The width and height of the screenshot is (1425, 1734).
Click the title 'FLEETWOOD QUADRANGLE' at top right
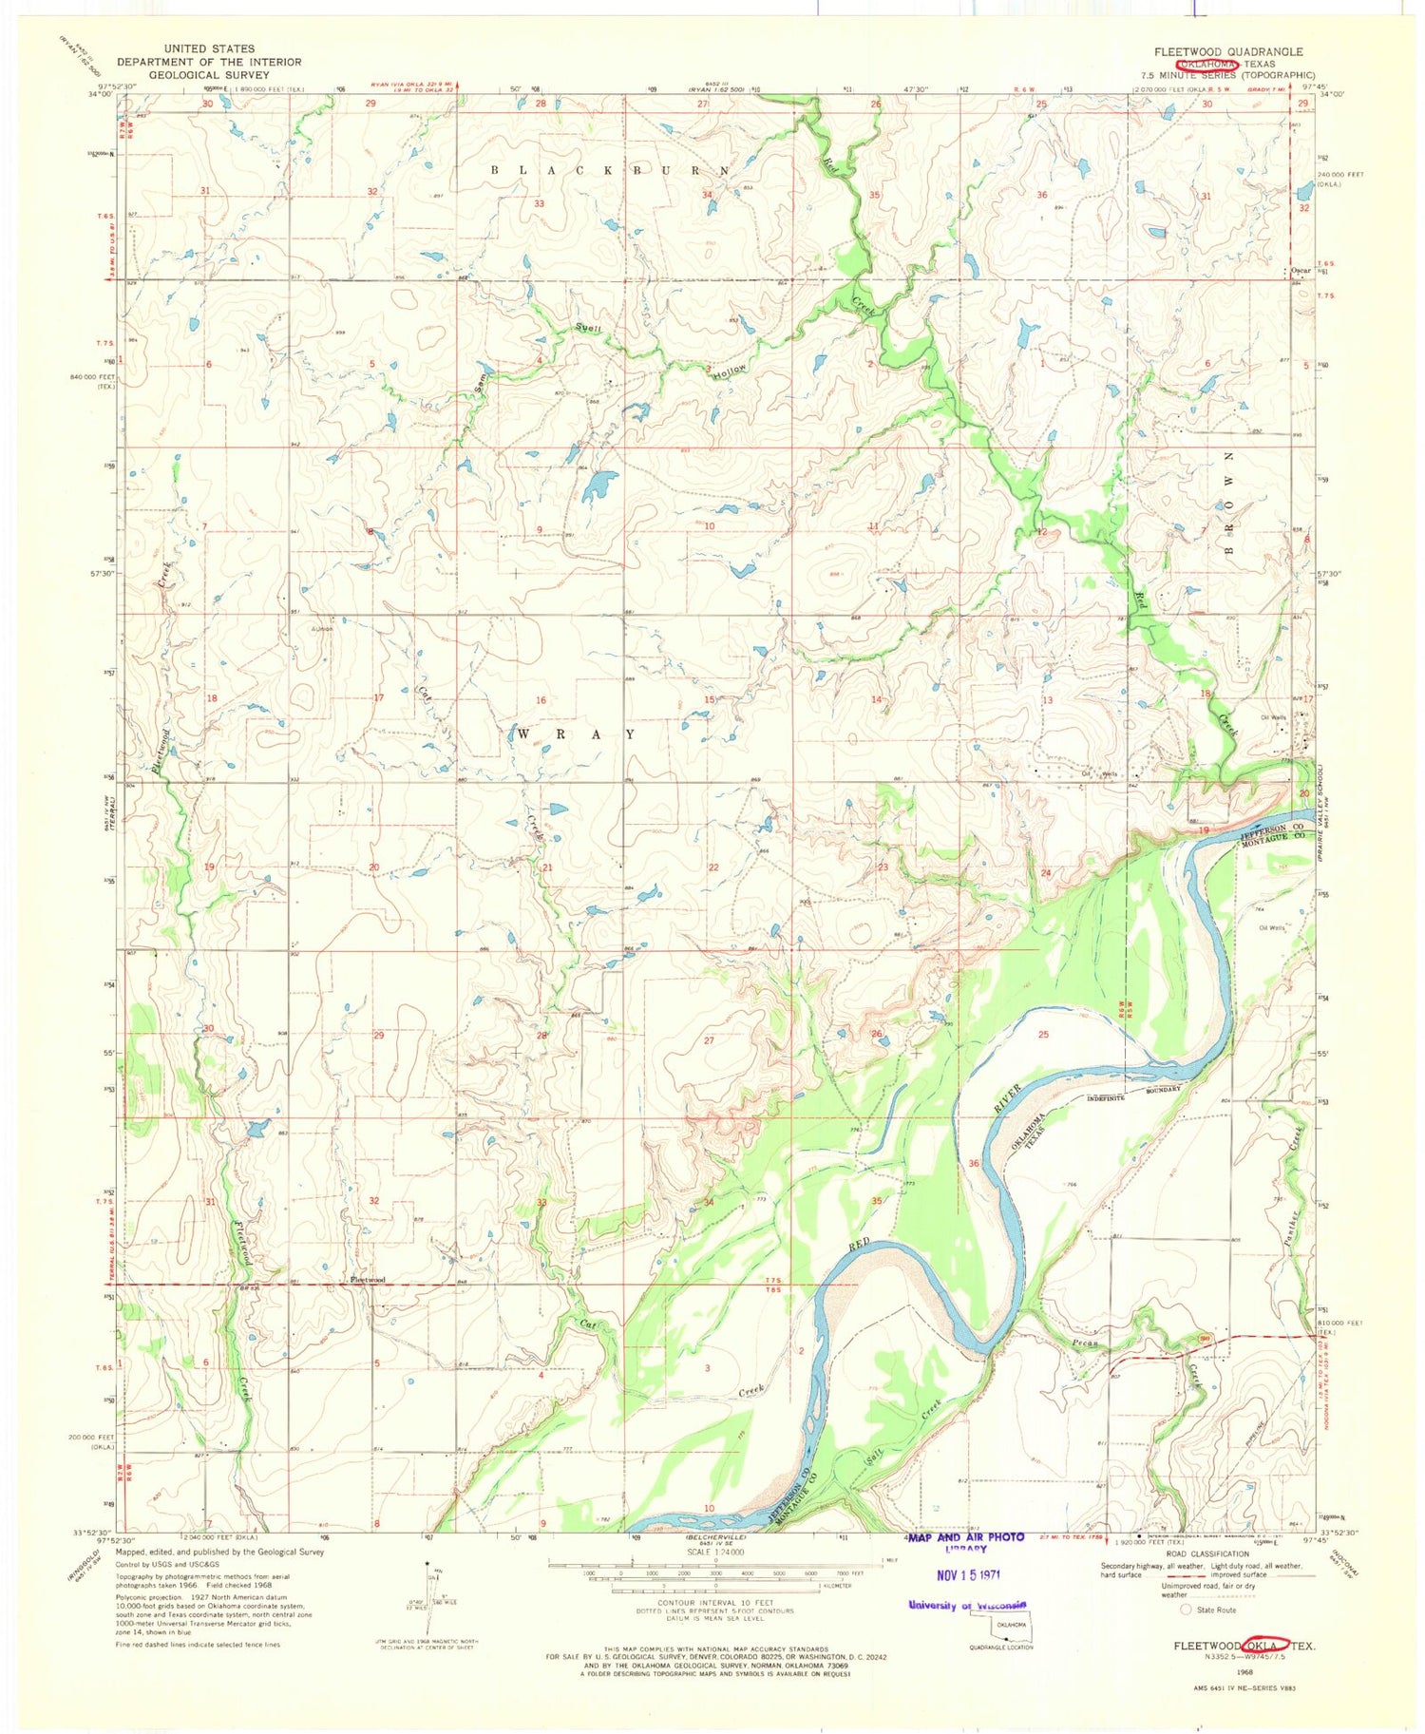[x=1228, y=51]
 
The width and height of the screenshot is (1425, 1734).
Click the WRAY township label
[x=574, y=734]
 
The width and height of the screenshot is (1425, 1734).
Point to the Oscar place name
[x=1300, y=271]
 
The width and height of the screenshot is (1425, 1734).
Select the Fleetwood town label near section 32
[x=368, y=1280]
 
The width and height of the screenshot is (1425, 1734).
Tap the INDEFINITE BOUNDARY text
[x=1134, y=1093]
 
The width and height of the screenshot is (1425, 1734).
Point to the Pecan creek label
[x=1085, y=1344]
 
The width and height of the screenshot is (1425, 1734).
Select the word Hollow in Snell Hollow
[x=731, y=372]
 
